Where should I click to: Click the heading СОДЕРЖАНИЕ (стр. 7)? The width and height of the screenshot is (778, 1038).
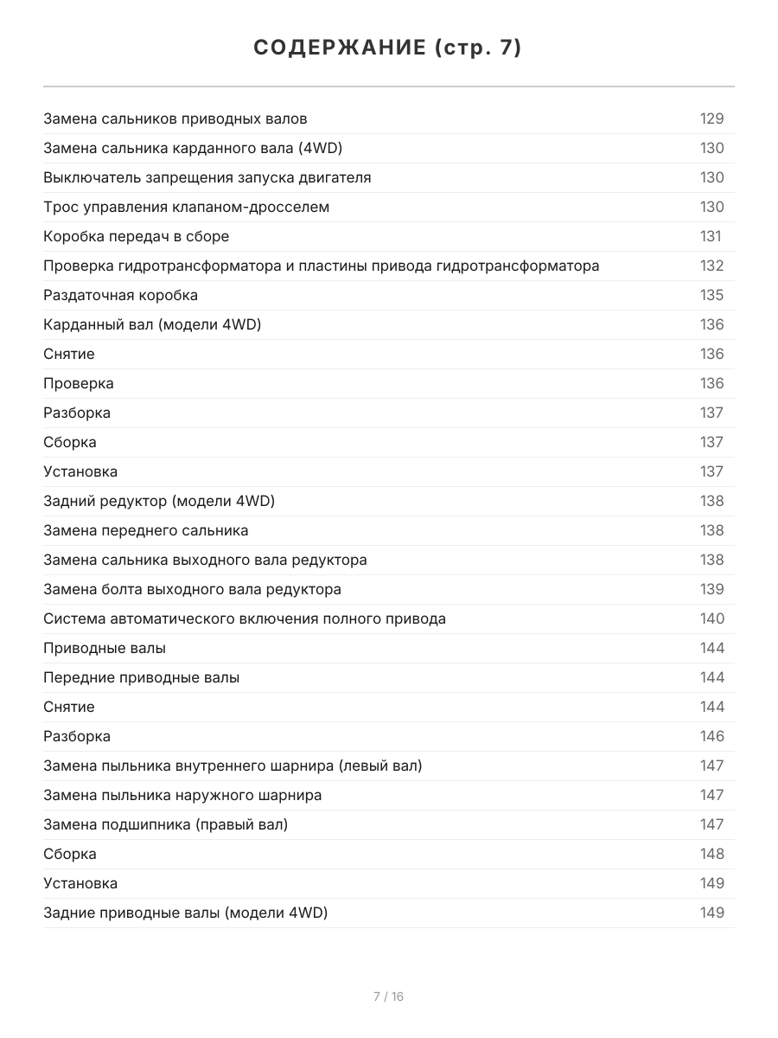click(388, 48)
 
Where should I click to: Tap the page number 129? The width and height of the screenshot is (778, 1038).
click(711, 119)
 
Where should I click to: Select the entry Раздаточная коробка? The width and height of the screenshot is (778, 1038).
click(120, 295)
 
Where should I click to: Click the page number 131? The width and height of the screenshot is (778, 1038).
click(710, 236)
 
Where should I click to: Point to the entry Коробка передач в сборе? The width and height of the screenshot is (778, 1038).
click(136, 236)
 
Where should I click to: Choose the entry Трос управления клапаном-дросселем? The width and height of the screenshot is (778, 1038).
click(186, 207)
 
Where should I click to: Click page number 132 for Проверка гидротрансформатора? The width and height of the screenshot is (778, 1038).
click(711, 266)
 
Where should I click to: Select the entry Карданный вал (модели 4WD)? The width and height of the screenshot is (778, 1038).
click(152, 324)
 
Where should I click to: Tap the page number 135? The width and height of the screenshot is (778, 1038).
click(711, 295)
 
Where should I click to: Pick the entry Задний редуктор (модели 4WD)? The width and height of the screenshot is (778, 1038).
click(159, 501)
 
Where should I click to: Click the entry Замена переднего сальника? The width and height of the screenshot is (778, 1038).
click(145, 530)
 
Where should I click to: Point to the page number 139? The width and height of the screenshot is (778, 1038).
click(711, 589)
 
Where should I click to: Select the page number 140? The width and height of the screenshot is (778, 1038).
click(711, 618)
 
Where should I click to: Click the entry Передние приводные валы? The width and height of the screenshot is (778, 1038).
click(141, 677)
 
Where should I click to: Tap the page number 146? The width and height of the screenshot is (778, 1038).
click(711, 736)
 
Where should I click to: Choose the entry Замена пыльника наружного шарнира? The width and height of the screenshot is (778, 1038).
click(182, 795)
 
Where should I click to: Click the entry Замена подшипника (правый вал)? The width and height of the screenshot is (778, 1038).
click(165, 824)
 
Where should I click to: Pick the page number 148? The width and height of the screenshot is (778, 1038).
click(711, 854)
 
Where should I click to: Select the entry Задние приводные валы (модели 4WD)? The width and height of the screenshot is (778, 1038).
click(185, 913)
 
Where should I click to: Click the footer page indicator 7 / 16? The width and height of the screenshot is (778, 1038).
click(388, 996)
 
